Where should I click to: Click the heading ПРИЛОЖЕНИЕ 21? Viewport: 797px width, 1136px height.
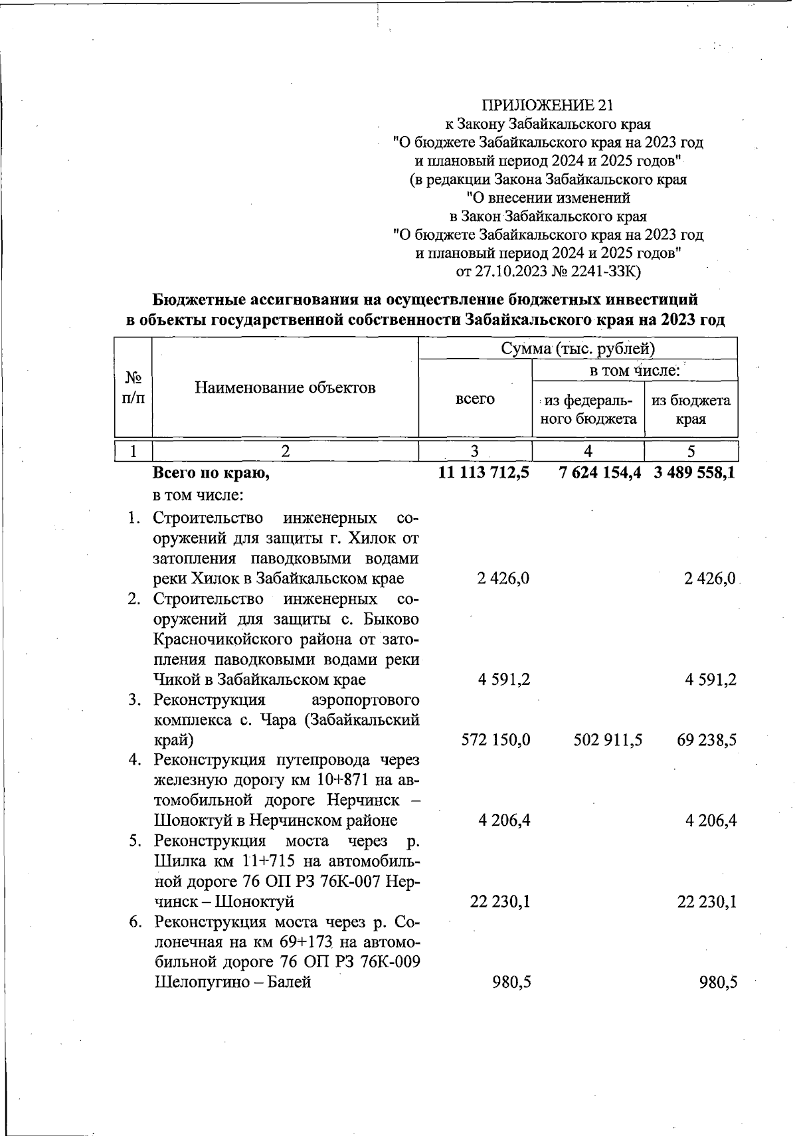pyautogui.click(x=547, y=105)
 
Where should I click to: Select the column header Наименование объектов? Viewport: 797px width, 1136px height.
pyautogui.click(x=285, y=387)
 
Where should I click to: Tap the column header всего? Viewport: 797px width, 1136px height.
pyautogui.click(x=475, y=399)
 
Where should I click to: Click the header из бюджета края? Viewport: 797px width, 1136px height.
pyautogui.click(x=691, y=409)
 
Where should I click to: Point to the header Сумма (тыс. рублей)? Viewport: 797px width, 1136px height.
pyautogui.click(x=578, y=349)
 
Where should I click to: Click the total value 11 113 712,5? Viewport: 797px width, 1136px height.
pyautogui.click(x=483, y=474)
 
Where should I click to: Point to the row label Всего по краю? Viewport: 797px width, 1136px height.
pyautogui.click(x=211, y=474)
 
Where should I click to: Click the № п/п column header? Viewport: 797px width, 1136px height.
pyautogui.click(x=134, y=387)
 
